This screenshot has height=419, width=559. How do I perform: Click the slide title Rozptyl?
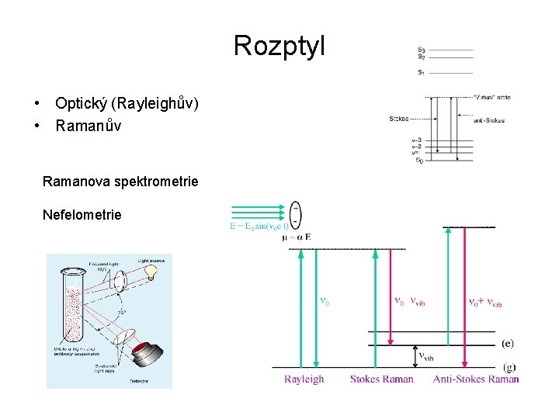279,46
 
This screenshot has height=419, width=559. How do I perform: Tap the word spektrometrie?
156,182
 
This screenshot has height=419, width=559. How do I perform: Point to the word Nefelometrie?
82,215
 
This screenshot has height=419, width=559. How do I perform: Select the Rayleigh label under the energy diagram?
304,379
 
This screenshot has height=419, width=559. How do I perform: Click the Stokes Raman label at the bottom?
381,379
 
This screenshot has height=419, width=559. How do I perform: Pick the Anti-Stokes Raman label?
476,379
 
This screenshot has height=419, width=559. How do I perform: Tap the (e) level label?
508,343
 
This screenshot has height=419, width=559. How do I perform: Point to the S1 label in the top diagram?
421,72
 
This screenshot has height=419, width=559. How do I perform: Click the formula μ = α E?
297,237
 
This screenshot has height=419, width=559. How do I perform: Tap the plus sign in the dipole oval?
296,208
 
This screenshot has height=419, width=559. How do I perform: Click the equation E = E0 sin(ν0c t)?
259,226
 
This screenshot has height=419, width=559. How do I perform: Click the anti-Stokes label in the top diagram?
489,119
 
